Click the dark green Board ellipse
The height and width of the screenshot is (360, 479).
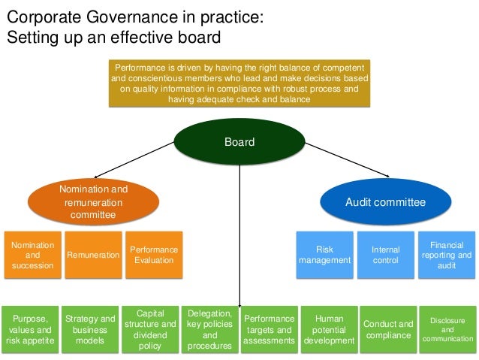(239, 142)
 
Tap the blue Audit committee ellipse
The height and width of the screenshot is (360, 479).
(385, 202)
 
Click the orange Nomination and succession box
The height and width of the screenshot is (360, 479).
(32, 255)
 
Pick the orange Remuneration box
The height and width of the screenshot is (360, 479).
(93, 255)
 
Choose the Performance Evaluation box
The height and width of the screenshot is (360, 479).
(154, 255)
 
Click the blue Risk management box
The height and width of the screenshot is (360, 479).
(324, 255)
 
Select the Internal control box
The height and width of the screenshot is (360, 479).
(386, 255)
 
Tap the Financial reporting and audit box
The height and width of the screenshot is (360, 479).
(447, 255)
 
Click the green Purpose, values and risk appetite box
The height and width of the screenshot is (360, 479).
(29, 329)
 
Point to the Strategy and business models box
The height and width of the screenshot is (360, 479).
(89, 329)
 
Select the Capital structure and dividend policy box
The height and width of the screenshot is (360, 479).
(150, 329)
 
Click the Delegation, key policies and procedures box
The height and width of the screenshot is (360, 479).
(210, 329)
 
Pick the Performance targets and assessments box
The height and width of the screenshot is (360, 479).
(270, 329)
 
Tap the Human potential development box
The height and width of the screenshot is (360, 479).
(329, 329)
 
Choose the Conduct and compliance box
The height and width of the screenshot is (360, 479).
(388, 329)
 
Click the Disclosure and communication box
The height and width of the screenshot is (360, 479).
(447, 329)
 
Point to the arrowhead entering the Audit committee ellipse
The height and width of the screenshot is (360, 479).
(387, 177)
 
